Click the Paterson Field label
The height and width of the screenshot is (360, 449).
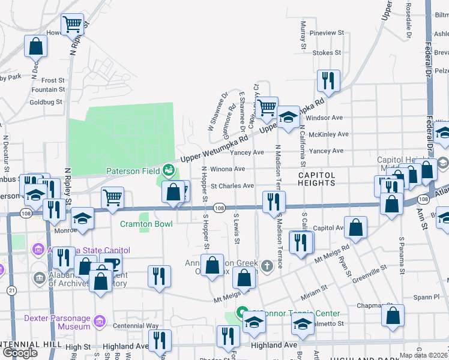(x=133, y=171)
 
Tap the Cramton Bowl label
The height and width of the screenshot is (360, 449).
(x=146, y=224)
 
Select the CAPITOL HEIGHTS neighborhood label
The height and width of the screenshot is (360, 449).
(x=316, y=174)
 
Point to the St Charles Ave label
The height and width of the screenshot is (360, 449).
(x=232, y=186)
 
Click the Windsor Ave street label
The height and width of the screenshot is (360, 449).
(x=324, y=118)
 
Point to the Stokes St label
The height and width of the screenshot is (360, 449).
(x=327, y=53)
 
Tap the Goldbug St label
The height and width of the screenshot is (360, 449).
(x=46, y=102)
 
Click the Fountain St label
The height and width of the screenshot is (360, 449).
(x=48, y=89)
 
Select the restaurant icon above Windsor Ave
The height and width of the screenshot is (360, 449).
(x=328, y=80)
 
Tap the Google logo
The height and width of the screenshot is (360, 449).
(x=20, y=353)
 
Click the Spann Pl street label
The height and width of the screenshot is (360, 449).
(x=429, y=297)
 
